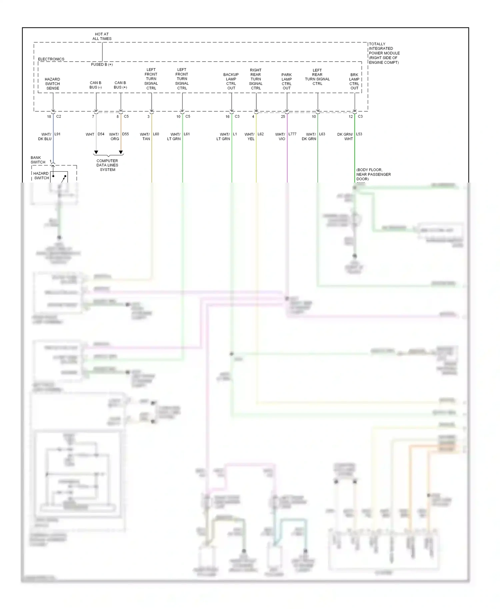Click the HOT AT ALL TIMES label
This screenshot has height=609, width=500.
[102, 36]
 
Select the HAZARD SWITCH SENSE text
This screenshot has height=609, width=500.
[52, 84]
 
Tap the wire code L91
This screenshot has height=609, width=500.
[57, 134]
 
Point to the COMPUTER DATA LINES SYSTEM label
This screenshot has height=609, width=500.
[107, 165]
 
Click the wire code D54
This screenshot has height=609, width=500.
[101, 134]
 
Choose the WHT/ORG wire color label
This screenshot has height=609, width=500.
[114, 137]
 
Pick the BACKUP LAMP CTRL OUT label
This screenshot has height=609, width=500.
[231, 81]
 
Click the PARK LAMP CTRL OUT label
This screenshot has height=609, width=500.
[287, 81]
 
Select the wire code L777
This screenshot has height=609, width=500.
[292, 134]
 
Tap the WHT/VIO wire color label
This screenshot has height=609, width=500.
[280, 137]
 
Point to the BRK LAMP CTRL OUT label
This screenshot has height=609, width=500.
[354, 81]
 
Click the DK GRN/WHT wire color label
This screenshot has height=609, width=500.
[345, 137]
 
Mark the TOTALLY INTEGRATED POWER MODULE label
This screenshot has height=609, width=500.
[384, 53]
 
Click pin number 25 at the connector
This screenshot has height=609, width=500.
[283, 117]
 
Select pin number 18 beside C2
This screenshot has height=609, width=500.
[49, 117]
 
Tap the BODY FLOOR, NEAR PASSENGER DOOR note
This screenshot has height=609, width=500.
[373, 174]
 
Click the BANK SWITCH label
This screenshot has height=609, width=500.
[38, 160]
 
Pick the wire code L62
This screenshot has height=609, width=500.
[261, 134]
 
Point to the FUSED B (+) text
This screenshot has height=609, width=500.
[102, 64]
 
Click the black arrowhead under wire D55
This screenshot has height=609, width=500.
[121, 152]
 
